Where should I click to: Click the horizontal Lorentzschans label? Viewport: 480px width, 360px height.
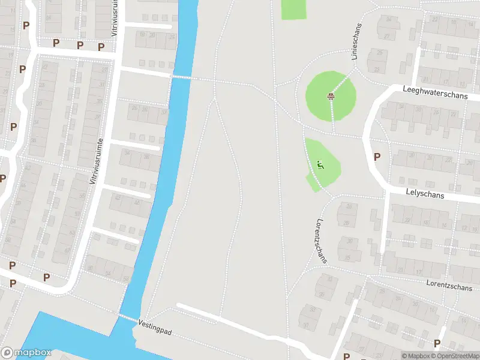click(x=449, y=284)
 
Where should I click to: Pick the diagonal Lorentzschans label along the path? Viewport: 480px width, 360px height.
click(x=322, y=240)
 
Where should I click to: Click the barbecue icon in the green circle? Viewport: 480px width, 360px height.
click(x=330, y=96)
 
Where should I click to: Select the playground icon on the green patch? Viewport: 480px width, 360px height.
click(x=320, y=164)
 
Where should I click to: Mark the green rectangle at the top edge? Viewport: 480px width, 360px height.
click(x=293, y=8)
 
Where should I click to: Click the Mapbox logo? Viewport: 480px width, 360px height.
click(x=26, y=353)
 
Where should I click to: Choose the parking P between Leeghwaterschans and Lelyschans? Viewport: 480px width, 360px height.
click(x=377, y=157)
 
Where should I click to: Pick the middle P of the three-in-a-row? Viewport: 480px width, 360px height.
click(x=79, y=45)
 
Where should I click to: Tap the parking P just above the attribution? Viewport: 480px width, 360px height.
click(x=437, y=343)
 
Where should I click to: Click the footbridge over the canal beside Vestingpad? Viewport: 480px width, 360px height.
click(x=127, y=317)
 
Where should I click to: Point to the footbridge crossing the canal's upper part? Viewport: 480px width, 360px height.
click(x=181, y=77)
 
